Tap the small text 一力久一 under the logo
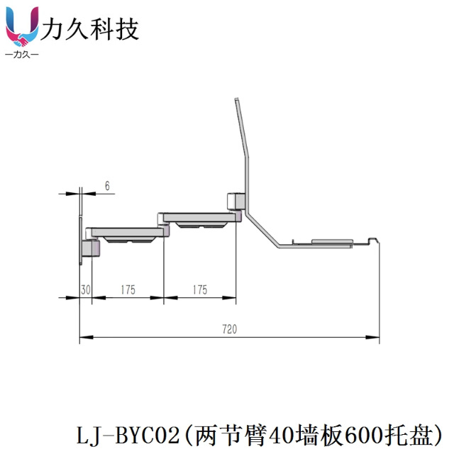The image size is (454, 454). pyautogui.click(x=21, y=55)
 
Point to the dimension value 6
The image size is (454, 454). pyautogui.click(x=107, y=186)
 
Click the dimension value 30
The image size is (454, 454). pyautogui.click(x=85, y=289)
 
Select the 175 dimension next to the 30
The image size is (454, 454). pyautogui.click(x=128, y=289)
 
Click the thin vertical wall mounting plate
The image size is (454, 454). pyautogui.click(x=81, y=227)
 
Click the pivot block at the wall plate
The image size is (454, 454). pyautogui.click(x=90, y=248)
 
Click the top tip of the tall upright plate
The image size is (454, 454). pyautogui.click(x=237, y=101)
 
